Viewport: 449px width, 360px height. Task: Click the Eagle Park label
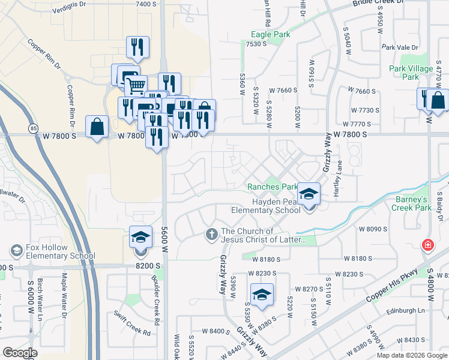(x=270, y=35)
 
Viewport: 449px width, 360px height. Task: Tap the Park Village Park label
(x=411, y=73)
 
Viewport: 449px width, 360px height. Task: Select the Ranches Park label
(x=273, y=187)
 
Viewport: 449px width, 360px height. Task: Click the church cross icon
(x=211, y=233)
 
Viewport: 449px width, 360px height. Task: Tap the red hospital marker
(x=427, y=245)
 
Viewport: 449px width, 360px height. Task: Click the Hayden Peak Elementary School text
(x=267, y=206)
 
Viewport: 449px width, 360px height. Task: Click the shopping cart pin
(x=136, y=85)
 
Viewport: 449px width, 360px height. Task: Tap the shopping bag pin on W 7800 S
(x=97, y=127)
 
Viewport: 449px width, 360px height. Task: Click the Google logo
(x=20, y=353)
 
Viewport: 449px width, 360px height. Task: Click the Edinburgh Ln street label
(x=405, y=310)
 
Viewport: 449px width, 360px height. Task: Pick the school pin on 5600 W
(x=140, y=237)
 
